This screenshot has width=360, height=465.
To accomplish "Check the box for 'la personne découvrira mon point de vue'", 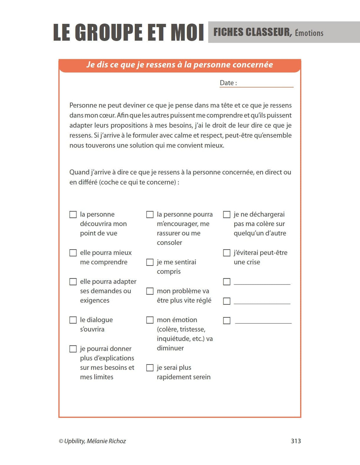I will (73, 214).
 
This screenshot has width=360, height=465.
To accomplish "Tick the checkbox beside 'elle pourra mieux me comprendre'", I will (73, 253).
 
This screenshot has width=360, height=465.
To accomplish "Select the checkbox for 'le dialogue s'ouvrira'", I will (73, 320).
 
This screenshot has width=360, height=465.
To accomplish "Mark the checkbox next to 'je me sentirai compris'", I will (150, 262).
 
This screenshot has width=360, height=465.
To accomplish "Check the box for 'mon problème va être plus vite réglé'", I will (150, 291).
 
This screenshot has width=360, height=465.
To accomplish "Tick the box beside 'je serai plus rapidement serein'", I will (150, 368).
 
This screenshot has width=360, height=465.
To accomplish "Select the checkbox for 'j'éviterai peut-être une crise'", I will (227, 253).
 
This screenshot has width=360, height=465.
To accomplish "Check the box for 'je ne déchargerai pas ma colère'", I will (227, 214).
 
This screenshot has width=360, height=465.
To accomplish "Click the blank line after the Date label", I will (265, 84).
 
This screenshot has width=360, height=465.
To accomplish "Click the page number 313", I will (296, 441).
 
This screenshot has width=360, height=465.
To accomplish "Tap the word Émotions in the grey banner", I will (309, 33).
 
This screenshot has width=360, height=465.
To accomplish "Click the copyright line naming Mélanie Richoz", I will (92, 441).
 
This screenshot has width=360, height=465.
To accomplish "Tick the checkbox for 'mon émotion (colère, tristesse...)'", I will (150, 320).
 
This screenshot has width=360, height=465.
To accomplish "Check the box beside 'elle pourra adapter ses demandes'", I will (73, 282).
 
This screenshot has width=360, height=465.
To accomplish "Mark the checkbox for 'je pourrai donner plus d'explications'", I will (73, 349).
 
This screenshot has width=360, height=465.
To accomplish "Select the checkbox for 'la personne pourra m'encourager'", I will (150, 214).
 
